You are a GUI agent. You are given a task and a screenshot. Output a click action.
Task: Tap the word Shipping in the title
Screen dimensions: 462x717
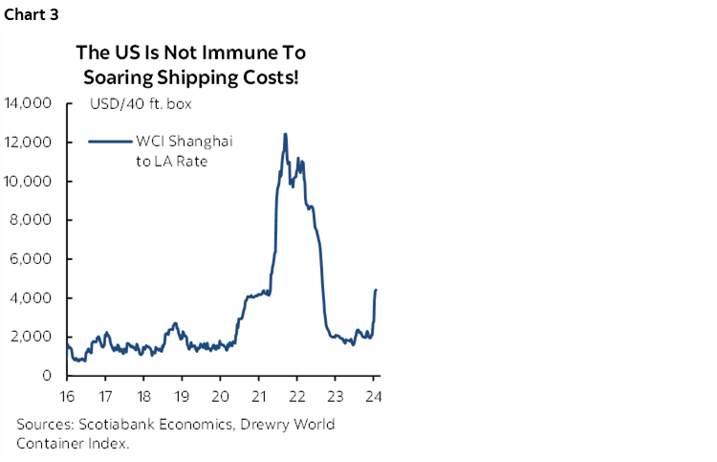(x=192, y=77)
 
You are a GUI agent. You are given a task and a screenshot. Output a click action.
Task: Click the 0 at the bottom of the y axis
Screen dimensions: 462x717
(x=46, y=376)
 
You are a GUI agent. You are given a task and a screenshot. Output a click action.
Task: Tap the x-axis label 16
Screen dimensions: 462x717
(x=66, y=396)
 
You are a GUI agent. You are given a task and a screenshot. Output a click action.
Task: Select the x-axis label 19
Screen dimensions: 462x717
(x=182, y=396)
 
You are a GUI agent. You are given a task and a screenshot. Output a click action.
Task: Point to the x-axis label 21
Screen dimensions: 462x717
(x=259, y=396)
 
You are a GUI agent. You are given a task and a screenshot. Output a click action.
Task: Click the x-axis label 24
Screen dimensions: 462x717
(x=374, y=396)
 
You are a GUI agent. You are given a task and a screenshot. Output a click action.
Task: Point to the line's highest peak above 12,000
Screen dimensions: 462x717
(x=285, y=134)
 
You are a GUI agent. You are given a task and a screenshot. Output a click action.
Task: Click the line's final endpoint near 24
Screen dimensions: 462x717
(x=376, y=289)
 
